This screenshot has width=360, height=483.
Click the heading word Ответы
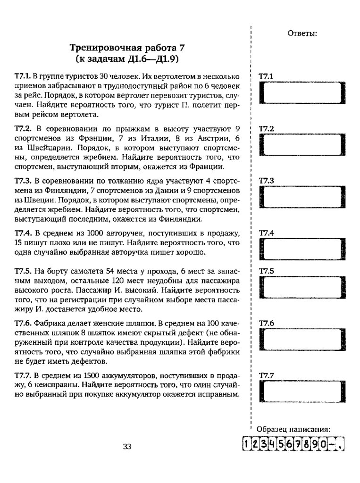tap(302, 33)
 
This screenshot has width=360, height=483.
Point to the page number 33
tap(126, 447)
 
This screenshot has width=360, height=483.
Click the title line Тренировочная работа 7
tap(127, 48)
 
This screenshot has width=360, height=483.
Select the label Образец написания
tap(293, 430)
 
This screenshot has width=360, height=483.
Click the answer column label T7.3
tap(267, 181)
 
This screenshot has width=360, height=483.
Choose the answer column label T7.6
tap(267, 323)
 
